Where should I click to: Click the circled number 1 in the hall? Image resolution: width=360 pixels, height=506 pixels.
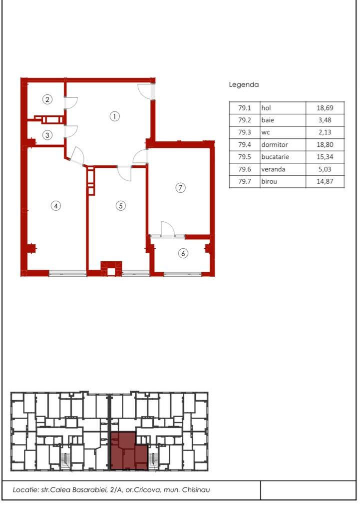tap(114, 116)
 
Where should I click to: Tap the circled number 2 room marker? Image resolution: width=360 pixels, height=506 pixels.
tap(47, 99)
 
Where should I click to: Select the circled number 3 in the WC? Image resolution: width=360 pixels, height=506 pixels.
tap(47, 135)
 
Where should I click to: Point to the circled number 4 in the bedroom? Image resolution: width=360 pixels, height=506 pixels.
tap(56, 206)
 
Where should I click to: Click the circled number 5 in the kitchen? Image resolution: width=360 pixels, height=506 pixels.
tap(121, 206)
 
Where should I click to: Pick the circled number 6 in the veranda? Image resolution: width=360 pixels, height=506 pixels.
tap(183, 253)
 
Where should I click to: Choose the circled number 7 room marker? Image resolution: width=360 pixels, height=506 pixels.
tap(180, 188)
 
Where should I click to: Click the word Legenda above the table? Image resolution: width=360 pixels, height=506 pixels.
tap(244, 85)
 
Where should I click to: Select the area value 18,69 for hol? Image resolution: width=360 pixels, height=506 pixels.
tap(325, 108)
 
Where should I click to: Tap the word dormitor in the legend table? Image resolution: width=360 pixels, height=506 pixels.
tap(275, 144)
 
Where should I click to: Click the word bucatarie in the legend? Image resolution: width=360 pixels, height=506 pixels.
tap(275, 157)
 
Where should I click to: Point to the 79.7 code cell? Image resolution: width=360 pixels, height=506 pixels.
tap(245, 181)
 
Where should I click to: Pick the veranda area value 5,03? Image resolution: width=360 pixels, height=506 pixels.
tap(325, 169)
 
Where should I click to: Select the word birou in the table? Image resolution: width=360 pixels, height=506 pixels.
tap(269, 181)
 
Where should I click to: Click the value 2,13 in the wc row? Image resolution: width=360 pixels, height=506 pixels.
tap(325, 132)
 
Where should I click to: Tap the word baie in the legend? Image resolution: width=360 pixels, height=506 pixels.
tap(268, 120)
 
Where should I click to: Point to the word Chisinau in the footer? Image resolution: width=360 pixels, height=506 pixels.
tap(196, 490)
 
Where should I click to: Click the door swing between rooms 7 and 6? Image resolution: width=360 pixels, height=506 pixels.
tap(168, 229)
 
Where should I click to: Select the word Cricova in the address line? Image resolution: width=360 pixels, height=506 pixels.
tap(147, 490)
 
